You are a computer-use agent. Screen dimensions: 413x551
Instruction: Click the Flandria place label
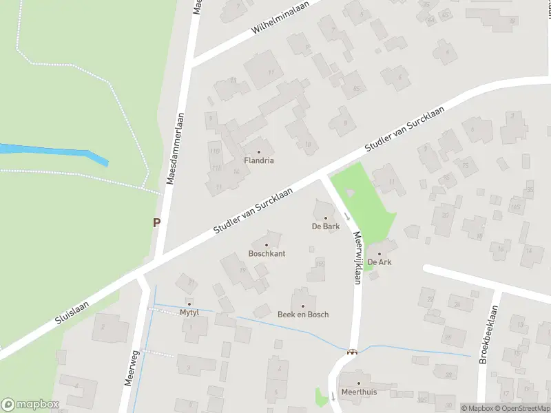[x=259, y=161]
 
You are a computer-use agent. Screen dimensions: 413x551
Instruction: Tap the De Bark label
[x=325, y=226]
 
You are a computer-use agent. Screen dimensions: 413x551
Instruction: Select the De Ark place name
[x=380, y=262]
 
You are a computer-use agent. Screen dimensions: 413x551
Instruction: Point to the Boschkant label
[x=267, y=253]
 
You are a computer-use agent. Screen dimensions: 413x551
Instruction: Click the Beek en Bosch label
[x=303, y=315]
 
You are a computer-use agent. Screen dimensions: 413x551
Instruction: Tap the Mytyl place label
[x=189, y=312]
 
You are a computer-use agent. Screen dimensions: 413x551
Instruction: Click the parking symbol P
[x=156, y=223]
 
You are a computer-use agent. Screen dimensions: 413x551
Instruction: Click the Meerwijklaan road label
[x=357, y=257]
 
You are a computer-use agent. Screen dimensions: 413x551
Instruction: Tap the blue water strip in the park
[x=55, y=152]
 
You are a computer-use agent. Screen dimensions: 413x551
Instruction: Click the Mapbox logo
[x=30, y=405]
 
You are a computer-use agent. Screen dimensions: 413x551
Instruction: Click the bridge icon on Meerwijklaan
[x=353, y=352]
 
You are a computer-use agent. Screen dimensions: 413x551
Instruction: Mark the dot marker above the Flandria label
[x=259, y=151]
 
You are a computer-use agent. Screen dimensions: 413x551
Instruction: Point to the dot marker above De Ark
[x=379, y=253]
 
